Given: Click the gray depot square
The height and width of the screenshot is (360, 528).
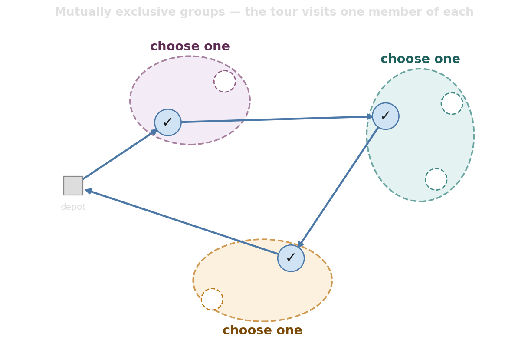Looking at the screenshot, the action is [x=73, y=186].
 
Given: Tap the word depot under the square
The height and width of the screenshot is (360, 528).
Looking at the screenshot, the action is [x=73, y=207].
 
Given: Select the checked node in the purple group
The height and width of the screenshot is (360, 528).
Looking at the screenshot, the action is [x=168, y=122].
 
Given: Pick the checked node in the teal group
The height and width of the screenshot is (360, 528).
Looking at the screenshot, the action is [x=386, y=116].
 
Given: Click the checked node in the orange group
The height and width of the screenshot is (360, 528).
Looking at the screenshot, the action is [x=291, y=258].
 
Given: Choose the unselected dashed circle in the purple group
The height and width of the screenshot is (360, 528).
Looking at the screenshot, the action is [x=225, y=81].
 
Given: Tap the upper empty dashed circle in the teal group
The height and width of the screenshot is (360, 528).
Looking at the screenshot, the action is [x=452, y=103].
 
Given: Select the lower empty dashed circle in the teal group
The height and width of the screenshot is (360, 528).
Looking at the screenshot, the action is [x=436, y=179].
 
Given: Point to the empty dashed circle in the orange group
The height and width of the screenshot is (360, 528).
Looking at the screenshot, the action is [x=212, y=299].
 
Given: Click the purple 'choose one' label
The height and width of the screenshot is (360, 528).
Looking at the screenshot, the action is [x=190, y=46].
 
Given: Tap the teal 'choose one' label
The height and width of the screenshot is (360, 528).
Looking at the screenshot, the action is [x=420, y=59].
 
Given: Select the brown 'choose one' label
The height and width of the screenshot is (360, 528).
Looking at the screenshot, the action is [x=262, y=330].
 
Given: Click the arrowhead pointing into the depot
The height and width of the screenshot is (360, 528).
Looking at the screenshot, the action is [x=89, y=191].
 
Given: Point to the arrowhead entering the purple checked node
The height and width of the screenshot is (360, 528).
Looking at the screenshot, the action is [x=154, y=132].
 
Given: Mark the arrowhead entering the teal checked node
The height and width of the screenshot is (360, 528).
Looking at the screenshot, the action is [x=370, y=116].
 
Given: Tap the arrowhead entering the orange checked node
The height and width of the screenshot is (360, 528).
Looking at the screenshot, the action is [x=301, y=244].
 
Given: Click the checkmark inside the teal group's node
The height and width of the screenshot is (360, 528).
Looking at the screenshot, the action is [x=385, y=116].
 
